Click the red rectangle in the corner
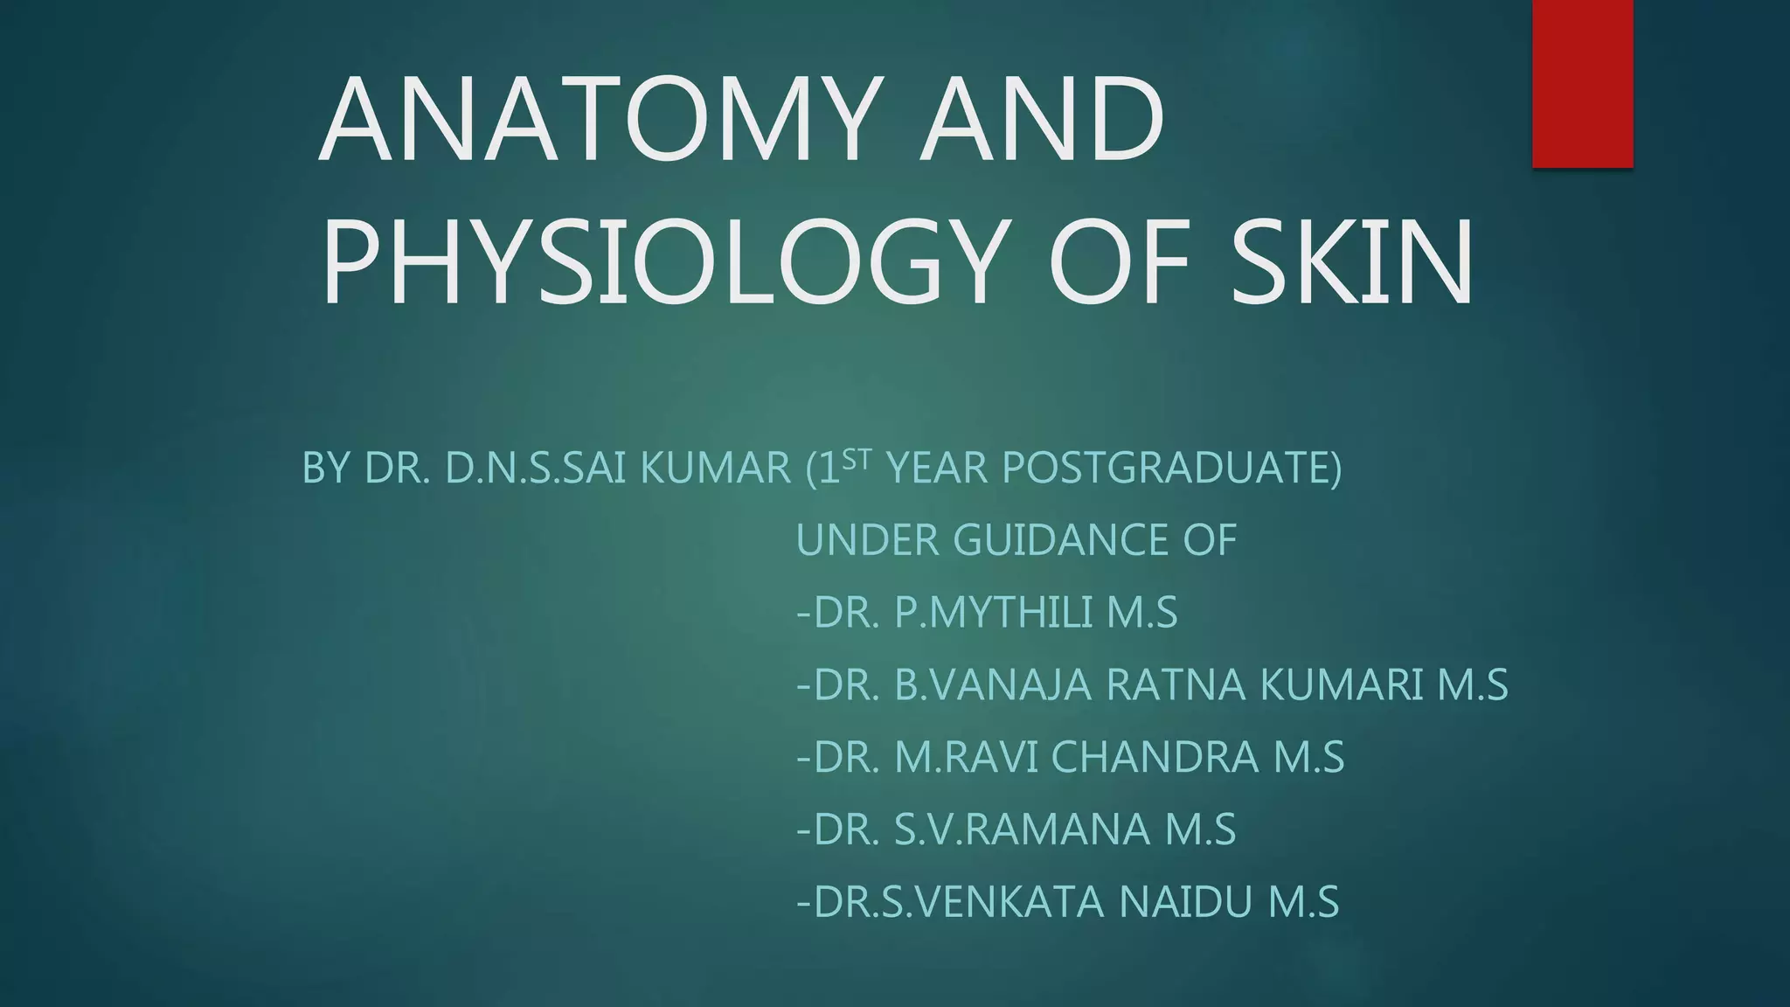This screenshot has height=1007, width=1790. coord(1582,83)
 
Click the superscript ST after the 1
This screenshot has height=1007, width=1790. coord(857,458)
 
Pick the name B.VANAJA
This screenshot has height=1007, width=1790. coord(993,684)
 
